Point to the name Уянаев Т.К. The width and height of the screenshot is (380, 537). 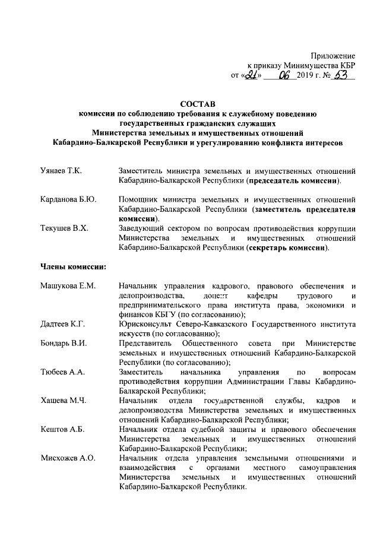pyautogui.click(x=61, y=170)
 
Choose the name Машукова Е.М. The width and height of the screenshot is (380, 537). pyautogui.click(x=68, y=286)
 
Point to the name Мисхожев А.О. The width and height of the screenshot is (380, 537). pyautogui.click(x=68, y=457)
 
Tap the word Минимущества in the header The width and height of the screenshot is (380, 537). pyautogui.click(x=309, y=65)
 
